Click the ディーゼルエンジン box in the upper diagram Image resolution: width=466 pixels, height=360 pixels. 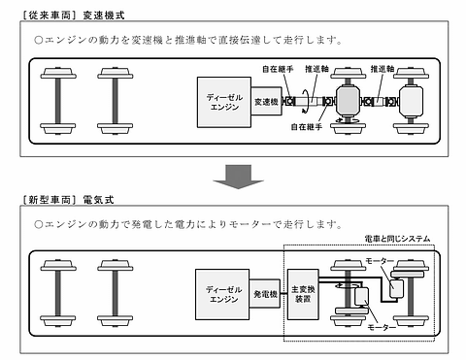[x=223, y=103]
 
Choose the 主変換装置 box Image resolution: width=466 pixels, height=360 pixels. [x=305, y=288]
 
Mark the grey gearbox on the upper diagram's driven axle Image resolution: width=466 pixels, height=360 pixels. [x=346, y=103]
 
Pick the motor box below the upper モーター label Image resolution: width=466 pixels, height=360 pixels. [x=395, y=285]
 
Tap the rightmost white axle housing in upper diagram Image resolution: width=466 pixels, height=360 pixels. [x=414, y=103]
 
